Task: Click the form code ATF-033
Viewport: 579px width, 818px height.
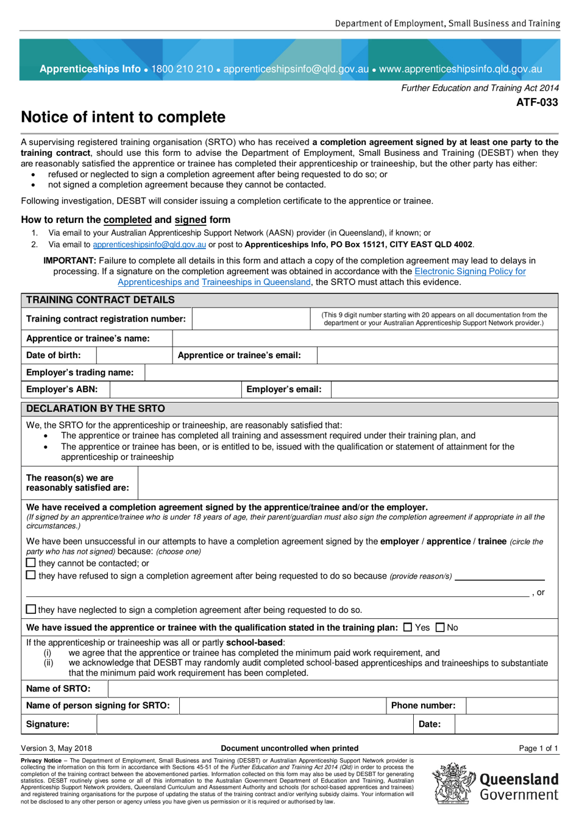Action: pos(537,102)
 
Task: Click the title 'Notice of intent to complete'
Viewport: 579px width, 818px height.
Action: pos(123,117)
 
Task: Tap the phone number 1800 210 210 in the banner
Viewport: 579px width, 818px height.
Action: pos(182,69)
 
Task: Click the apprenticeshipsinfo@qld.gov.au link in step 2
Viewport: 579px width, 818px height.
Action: pos(149,245)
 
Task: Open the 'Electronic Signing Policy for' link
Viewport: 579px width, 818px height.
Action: pos(470,272)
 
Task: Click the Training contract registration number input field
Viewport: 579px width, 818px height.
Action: pos(251,319)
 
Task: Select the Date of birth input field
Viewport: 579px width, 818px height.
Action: pos(134,356)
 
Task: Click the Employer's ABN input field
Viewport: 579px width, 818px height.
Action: pos(176,390)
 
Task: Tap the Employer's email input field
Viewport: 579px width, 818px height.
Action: pos(444,390)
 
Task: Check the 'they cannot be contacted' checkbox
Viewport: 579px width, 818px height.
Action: pos(31,563)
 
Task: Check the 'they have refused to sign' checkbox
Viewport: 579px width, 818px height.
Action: pos(31,575)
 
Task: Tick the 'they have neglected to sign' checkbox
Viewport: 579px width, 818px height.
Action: pos(31,609)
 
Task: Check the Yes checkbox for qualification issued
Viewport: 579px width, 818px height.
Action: pos(408,627)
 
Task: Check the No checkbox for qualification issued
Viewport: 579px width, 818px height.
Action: pos(440,627)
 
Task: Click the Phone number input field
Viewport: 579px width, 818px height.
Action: pos(511,706)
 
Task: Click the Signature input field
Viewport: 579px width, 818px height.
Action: pos(255,724)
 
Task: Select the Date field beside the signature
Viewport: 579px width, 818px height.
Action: pos(506,724)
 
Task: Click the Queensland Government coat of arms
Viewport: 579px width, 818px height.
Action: pos(453,784)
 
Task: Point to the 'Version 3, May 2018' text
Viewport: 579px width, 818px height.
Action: pos(57,748)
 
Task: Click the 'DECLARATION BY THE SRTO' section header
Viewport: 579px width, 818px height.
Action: pos(96,409)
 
